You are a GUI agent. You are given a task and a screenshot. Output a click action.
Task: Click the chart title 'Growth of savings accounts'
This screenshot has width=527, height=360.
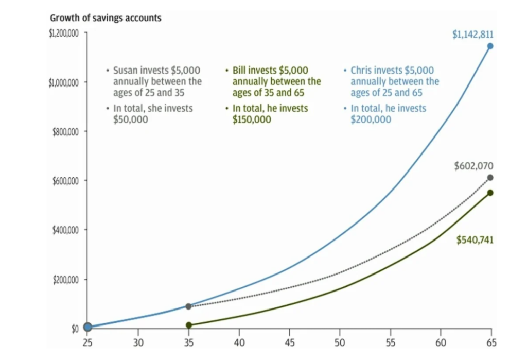pyautogui.click(x=106, y=18)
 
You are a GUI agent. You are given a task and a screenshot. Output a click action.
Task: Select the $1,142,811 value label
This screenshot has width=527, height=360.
pyautogui.click(x=473, y=35)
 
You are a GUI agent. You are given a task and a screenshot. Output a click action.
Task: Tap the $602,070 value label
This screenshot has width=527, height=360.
pyautogui.click(x=474, y=166)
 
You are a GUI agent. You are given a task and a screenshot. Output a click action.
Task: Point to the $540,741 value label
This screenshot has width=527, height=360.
pyautogui.click(x=475, y=240)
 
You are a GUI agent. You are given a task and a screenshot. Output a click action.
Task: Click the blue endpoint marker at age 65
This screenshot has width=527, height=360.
pyautogui.click(x=490, y=46)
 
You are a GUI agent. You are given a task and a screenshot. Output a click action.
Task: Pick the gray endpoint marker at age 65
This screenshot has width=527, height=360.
pyautogui.click(x=490, y=178)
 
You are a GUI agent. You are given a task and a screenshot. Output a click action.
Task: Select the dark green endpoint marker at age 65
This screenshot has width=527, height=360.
pyautogui.click(x=490, y=193)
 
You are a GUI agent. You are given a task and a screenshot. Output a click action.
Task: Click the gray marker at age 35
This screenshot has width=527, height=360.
pyautogui.click(x=188, y=306)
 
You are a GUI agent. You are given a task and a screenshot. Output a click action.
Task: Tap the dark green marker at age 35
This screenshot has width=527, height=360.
pyautogui.click(x=189, y=325)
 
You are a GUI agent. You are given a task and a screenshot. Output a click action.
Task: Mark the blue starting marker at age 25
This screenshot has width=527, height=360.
pyautogui.click(x=87, y=327)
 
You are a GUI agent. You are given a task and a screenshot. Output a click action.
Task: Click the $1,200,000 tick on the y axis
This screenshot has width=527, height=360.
pyautogui.click(x=63, y=33)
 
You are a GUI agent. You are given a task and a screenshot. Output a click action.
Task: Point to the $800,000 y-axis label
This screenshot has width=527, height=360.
pyautogui.click(x=65, y=132)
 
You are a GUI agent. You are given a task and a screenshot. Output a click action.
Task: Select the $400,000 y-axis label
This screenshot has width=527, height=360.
pyautogui.click(x=65, y=230)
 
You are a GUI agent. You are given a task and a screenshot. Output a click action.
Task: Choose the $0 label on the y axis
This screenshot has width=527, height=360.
pyautogui.click(x=75, y=329)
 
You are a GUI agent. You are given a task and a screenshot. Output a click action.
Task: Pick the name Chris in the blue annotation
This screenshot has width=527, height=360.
pyautogui.click(x=362, y=70)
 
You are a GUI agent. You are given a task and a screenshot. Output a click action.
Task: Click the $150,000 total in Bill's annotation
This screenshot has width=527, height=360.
pyautogui.click(x=252, y=119)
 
